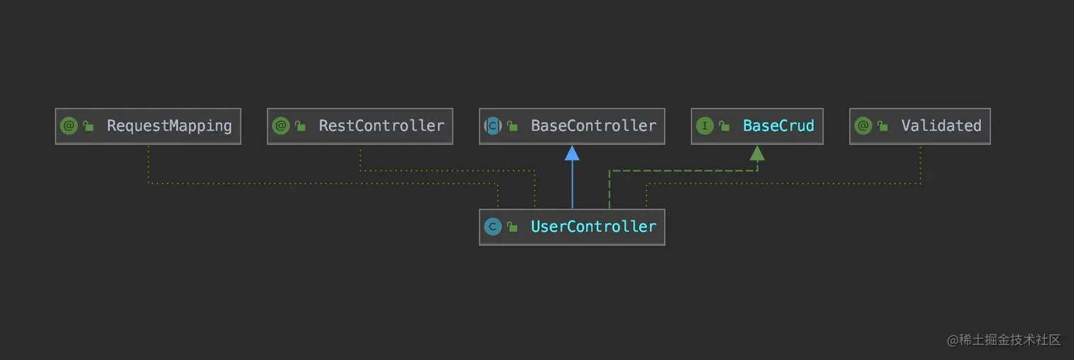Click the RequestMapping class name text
[x=169, y=126]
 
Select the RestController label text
[x=381, y=126]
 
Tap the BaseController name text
[x=593, y=126]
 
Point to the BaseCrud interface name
[x=778, y=126]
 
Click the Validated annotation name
[x=940, y=126]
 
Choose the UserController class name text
[x=593, y=227]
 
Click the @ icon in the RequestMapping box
[x=69, y=126]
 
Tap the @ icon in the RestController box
[x=281, y=126]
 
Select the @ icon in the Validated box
[x=863, y=126]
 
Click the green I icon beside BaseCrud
[x=705, y=126]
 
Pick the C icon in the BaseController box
[x=492, y=126]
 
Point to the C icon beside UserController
[x=492, y=227]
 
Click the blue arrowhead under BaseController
[x=572, y=153]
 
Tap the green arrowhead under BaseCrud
[x=757, y=153]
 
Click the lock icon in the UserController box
[x=512, y=227]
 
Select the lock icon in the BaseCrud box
[x=725, y=126]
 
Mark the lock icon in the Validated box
[x=883, y=126]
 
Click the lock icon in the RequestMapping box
[x=89, y=126]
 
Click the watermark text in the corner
[x=1004, y=339]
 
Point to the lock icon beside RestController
[x=300, y=126]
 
